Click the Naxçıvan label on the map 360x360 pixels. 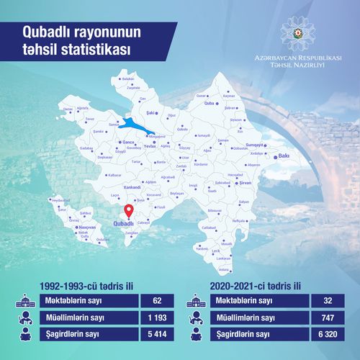coord(86,226)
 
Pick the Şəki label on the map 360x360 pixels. coord(151,112)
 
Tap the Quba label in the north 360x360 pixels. coord(211,103)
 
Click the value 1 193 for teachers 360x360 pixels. coord(157,318)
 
